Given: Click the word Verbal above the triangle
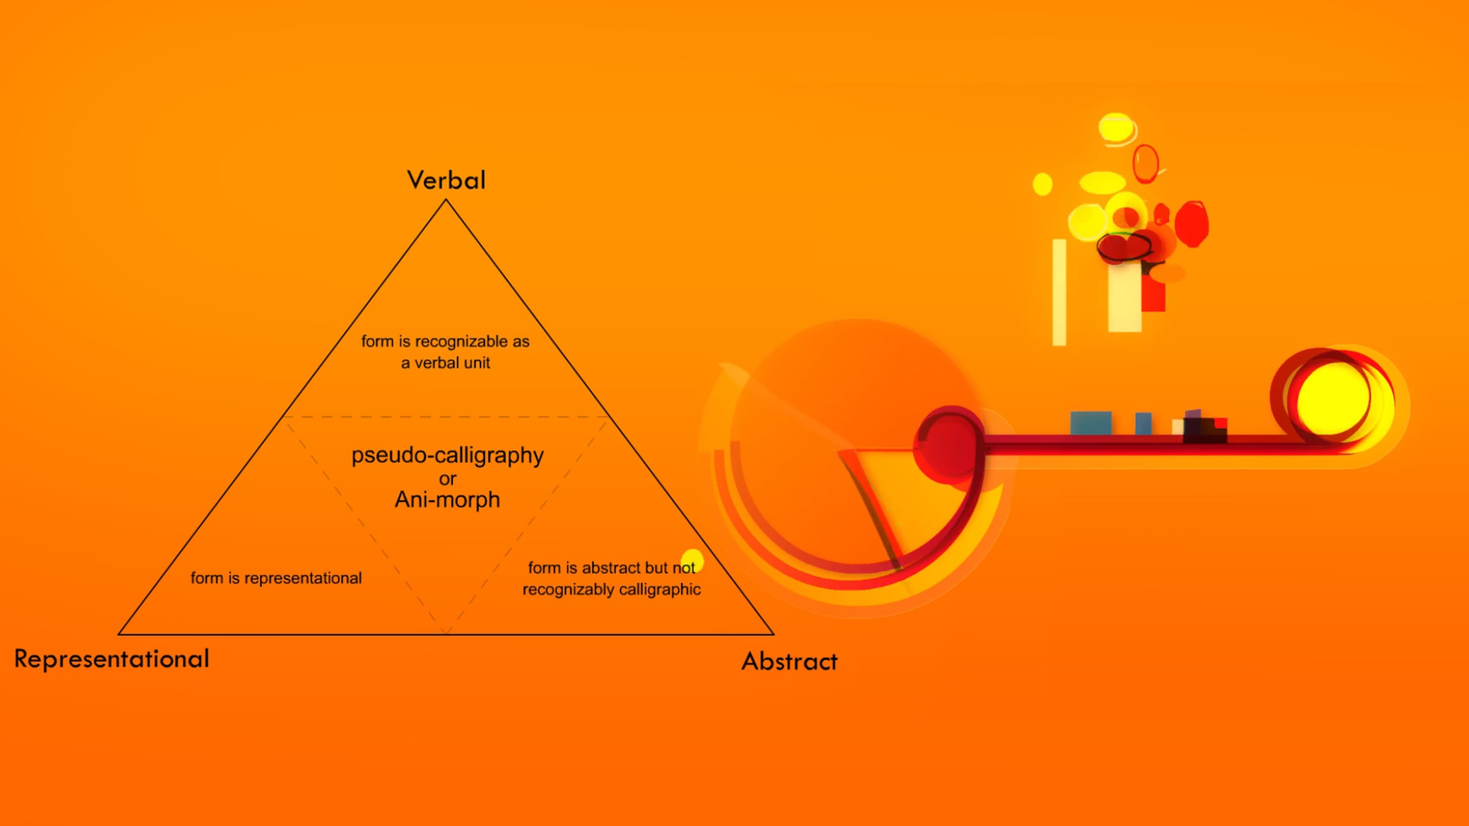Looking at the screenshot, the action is tap(446, 180).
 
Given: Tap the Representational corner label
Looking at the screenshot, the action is tap(112, 659).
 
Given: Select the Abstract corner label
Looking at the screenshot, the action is tap(790, 661).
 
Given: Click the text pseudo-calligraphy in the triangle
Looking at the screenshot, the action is tap(447, 456).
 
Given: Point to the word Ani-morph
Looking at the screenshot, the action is tap(447, 500).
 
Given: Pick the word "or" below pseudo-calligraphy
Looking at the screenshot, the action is tap(447, 479).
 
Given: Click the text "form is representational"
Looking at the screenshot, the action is tap(276, 578).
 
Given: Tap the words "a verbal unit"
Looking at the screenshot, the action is tap(446, 363).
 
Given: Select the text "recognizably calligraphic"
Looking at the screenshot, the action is tap(611, 589).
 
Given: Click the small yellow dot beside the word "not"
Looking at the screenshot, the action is tap(693, 561).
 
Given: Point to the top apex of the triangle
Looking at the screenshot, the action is tap(446, 200).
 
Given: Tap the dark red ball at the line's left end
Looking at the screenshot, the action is tap(948, 445).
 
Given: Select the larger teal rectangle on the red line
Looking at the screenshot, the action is tap(1091, 423).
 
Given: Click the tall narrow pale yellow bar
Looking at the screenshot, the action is tap(1060, 292).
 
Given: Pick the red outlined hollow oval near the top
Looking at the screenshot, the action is tap(1145, 163).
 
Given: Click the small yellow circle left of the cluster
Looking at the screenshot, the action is tap(1042, 184).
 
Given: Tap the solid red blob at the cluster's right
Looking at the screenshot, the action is tap(1192, 224).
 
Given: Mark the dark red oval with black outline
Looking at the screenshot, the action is tap(1124, 247).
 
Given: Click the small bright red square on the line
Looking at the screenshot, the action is tap(1220, 423).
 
